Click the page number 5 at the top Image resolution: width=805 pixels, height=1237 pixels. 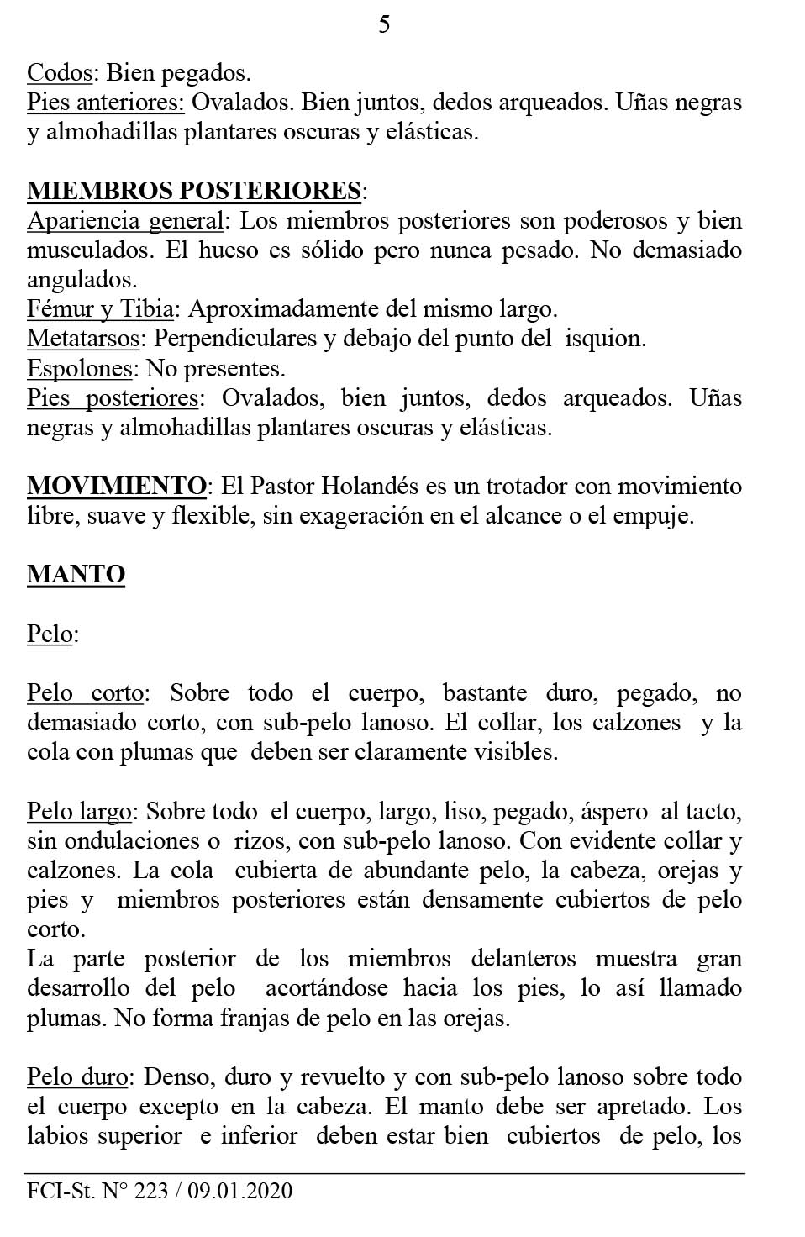pyautogui.click(x=384, y=25)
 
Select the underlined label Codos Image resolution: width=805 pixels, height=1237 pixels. pyautogui.click(x=59, y=73)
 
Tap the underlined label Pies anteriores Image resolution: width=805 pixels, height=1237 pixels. pyautogui.click(x=105, y=103)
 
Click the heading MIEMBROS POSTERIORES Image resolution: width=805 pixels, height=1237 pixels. pyautogui.click(x=194, y=191)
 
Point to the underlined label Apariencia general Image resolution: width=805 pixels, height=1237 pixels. pyautogui.click(x=125, y=221)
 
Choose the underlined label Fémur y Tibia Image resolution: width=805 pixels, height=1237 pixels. pyautogui.click(x=100, y=309)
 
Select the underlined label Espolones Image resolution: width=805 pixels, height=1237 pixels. pyautogui.click(x=80, y=368)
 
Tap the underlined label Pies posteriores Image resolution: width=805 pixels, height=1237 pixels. pyautogui.click(x=113, y=397)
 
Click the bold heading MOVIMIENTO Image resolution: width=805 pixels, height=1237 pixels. pyautogui.click(x=117, y=486)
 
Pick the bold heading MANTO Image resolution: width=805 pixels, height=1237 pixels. pyautogui.click(x=76, y=575)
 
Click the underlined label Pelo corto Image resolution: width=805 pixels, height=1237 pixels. pyautogui.click(x=85, y=693)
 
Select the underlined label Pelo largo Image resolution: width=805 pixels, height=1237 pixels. pyautogui.click(x=79, y=812)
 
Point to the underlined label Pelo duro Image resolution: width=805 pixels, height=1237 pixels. pyautogui.click(x=77, y=1077)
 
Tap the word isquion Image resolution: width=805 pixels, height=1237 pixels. pyautogui.click(x=604, y=339)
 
